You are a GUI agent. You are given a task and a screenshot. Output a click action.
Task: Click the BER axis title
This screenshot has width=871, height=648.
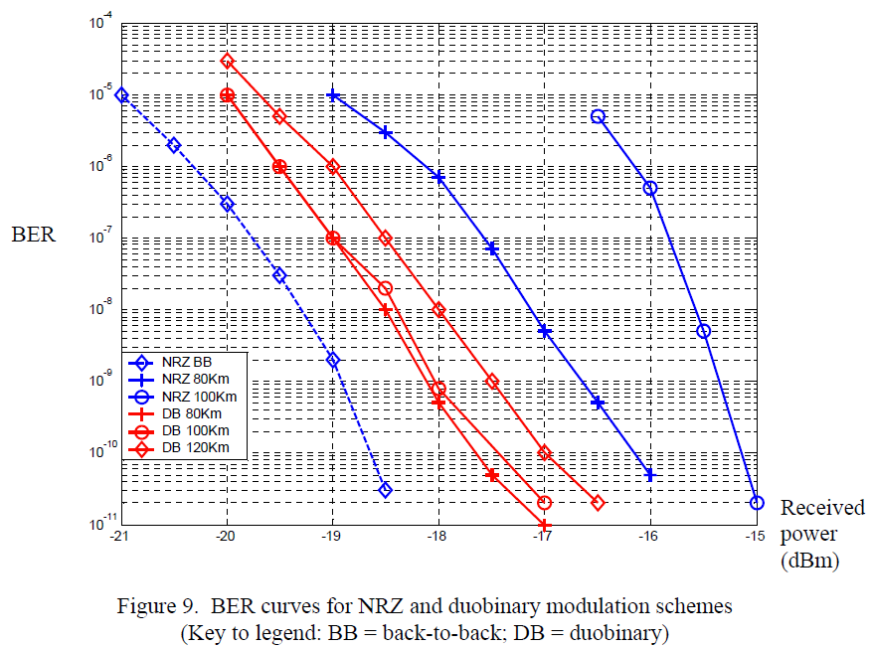34,236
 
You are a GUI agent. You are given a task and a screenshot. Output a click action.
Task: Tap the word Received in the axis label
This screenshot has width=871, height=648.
822,508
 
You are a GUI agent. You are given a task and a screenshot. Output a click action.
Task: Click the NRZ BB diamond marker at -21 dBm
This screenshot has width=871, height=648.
121,95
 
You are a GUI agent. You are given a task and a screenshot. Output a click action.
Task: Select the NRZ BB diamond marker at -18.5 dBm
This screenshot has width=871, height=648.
386,490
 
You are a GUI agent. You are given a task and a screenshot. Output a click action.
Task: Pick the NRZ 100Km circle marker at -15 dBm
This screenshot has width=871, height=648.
757,503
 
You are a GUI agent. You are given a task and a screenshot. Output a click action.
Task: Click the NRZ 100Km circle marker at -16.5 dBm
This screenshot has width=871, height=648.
598,116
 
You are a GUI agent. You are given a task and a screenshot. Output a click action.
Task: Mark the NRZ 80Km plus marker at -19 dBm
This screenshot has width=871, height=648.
333,95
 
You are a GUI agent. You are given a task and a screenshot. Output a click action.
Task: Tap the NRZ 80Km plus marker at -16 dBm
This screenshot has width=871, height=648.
650,475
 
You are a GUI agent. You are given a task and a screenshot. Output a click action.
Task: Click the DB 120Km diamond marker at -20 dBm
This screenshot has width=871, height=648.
227,61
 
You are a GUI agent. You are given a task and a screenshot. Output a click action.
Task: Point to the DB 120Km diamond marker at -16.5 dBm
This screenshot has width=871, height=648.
598,503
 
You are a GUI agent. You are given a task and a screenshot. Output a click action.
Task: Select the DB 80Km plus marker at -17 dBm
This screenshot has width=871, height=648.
544,524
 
